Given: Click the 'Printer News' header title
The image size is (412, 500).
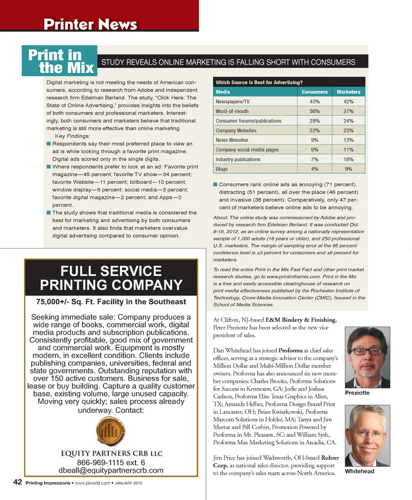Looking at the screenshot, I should (x=90, y=24).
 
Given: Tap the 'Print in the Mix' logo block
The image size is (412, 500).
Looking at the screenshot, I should (x=61, y=61).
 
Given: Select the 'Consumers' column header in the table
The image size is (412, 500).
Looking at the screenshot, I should (x=314, y=92).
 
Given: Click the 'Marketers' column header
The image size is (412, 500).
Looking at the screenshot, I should (x=348, y=92).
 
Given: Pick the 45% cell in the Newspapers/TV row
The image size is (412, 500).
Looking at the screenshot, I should (x=314, y=102).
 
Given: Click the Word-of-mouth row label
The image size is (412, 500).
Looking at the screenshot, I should (x=232, y=111).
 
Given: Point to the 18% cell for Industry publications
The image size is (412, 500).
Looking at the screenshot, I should (x=348, y=159).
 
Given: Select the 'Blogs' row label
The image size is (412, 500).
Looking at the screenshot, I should (x=221, y=169).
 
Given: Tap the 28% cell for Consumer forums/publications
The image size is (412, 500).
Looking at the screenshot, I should (x=314, y=121).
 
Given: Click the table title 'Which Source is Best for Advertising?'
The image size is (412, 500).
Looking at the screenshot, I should (x=259, y=82).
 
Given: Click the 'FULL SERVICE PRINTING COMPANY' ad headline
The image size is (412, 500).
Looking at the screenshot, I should (x=111, y=278).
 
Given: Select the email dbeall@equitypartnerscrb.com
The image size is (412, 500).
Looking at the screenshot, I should (x=111, y=470).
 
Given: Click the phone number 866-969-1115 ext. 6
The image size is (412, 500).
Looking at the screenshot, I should (x=111, y=462).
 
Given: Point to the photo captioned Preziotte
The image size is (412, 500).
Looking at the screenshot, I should (x=368, y=358).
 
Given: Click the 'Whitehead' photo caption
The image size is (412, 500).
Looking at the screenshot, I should (x=360, y=471).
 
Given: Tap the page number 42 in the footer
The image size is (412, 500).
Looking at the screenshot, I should (x=18, y=482).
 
